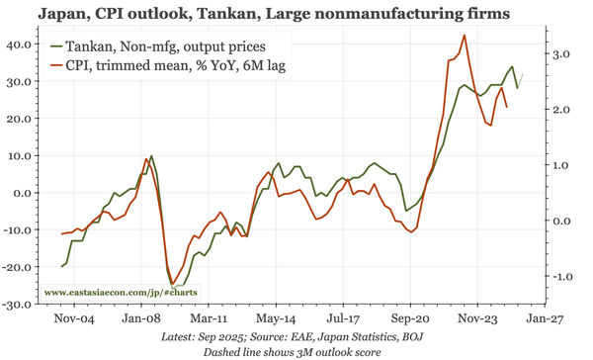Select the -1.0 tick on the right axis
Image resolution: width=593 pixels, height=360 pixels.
[559, 277]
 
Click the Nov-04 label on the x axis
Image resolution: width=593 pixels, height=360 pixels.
[72, 320]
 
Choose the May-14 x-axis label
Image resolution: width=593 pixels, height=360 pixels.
[274, 320]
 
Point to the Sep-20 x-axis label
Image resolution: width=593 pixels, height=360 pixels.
[408, 320]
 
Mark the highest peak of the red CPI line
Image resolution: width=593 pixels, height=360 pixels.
[465, 36]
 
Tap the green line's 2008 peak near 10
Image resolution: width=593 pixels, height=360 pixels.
[151, 156]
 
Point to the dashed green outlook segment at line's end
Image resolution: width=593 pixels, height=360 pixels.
[521, 80]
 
